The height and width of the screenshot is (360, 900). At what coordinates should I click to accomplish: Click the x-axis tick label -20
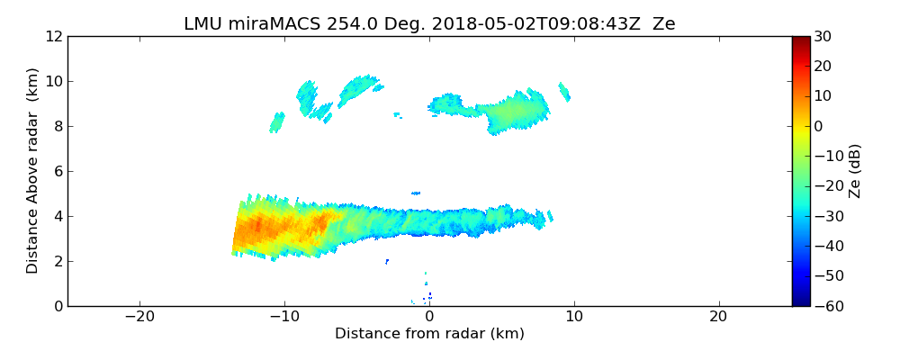(139, 317)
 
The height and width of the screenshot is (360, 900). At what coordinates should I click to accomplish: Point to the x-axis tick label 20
(718, 317)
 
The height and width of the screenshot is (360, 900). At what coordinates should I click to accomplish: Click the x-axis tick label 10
(574, 317)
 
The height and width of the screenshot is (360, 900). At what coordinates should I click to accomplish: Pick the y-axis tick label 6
(57, 171)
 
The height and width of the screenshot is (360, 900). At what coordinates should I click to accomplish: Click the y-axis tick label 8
(57, 126)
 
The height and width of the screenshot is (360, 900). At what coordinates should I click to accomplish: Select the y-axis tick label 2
(57, 261)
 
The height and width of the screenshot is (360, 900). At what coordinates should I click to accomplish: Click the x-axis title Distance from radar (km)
(429, 334)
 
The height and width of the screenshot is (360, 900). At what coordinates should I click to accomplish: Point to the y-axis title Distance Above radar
(33, 170)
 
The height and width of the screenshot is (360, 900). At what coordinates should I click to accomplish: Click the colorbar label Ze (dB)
(855, 171)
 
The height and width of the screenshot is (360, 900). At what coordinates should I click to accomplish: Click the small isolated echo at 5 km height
(416, 193)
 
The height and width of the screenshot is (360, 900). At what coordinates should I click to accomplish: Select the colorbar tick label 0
(819, 126)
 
